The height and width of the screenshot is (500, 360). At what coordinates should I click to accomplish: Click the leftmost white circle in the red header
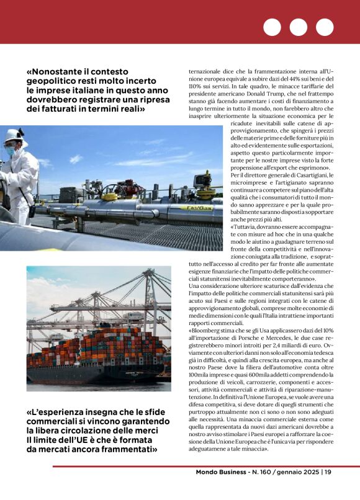[272, 27]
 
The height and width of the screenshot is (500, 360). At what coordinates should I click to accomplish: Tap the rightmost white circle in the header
[325, 27]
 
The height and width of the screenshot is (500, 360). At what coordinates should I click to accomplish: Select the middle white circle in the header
[299, 27]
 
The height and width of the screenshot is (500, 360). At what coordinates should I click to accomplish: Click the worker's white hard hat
[13, 136]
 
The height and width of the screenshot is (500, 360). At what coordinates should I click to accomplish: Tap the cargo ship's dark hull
[93, 373]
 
